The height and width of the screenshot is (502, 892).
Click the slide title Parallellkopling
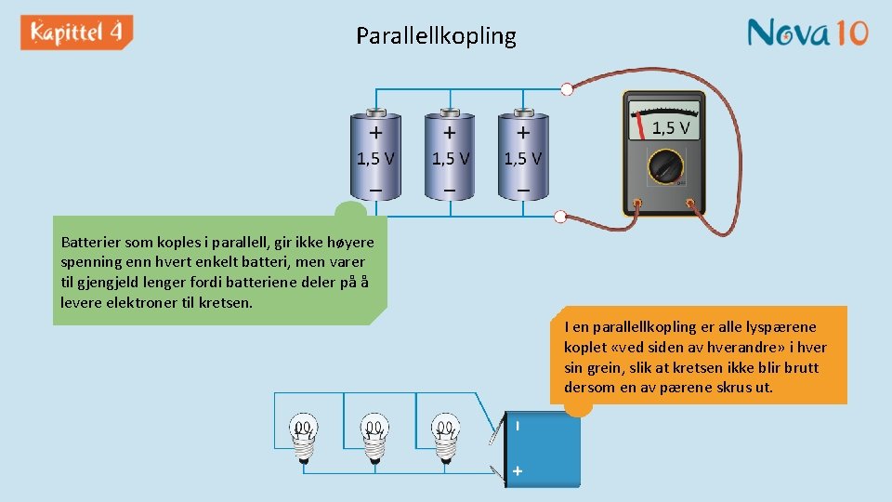pos(436,36)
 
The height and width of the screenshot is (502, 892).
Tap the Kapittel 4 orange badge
pos(77,33)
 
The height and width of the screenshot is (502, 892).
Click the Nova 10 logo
pos(807,33)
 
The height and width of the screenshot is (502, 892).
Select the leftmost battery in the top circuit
pos(375,156)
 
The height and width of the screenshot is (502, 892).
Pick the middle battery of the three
pos(450,156)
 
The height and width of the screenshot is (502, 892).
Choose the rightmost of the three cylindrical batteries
pos(522,156)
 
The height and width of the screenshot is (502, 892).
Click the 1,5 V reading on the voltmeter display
pos(670,128)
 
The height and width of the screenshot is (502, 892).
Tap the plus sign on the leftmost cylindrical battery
pos(376,133)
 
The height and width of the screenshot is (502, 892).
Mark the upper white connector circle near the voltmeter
pos(567,89)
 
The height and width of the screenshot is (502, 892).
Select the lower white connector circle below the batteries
pos(559,218)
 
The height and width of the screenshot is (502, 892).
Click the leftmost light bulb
pos(303,435)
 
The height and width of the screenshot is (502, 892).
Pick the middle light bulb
pos(374,435)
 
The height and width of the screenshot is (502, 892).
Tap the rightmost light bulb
pos(444,435)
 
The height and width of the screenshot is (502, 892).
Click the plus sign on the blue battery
pos(518,471)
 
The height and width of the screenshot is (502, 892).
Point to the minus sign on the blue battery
pos(518,426)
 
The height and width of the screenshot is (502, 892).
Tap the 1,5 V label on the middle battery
pos(450,159)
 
